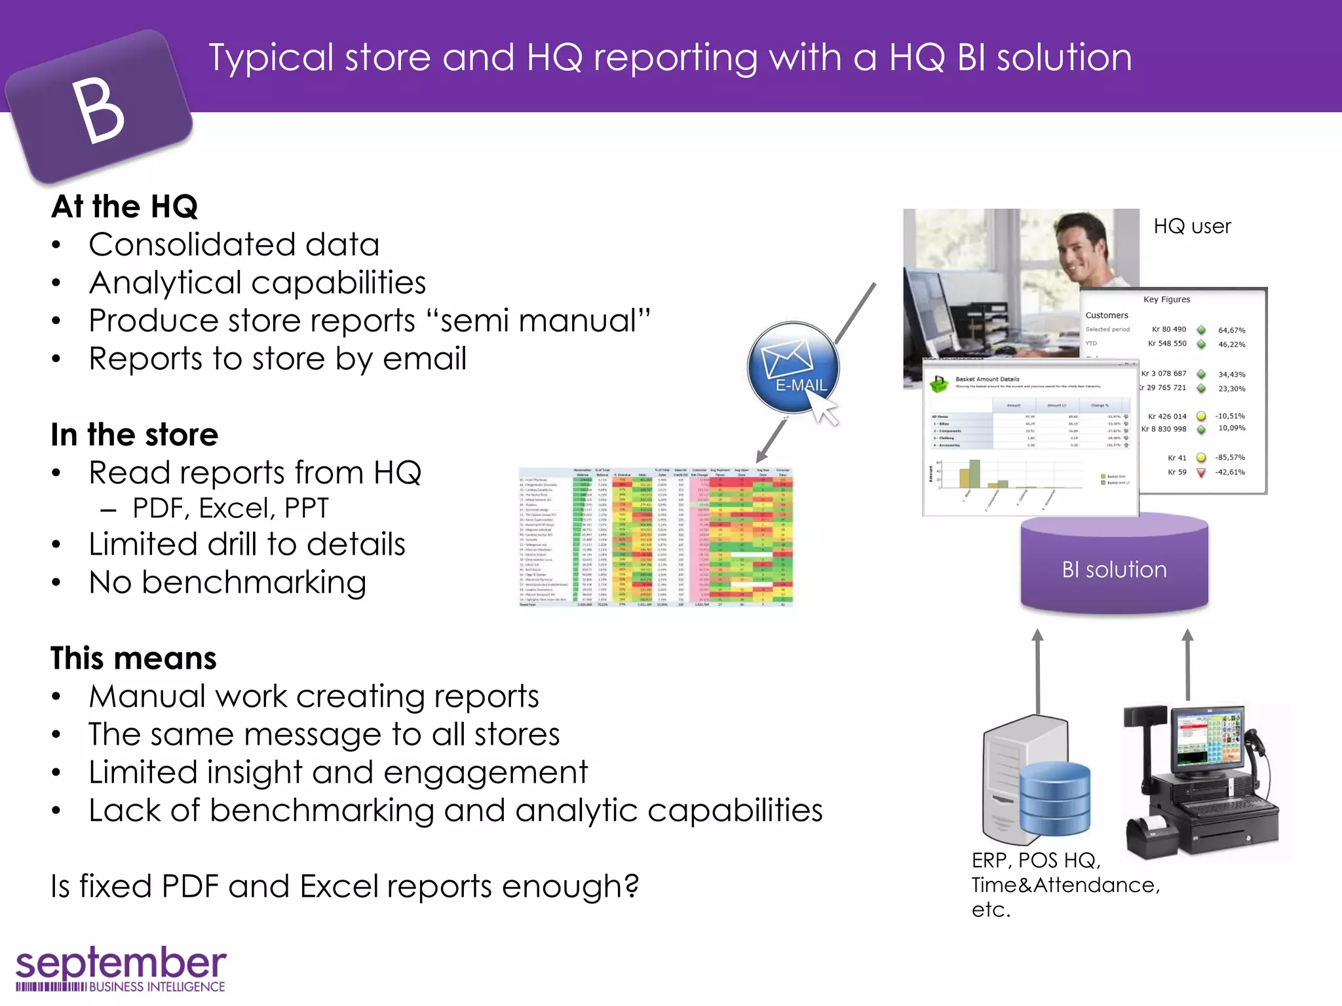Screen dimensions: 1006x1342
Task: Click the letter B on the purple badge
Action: tap(98, 110)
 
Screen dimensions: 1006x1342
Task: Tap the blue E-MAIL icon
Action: tap(794, 367)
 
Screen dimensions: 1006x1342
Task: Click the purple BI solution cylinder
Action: tap(1114, 568)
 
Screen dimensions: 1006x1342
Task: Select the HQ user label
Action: tap(1192, 227)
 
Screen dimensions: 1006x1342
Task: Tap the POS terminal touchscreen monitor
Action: tap(1209, 737)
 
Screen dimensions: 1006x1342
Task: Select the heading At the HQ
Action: tap(125, 207)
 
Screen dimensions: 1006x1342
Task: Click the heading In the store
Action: tap(134, 435)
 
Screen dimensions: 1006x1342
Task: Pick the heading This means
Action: tap(134, 658)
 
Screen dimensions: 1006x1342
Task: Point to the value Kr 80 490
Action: tap(1168, 329)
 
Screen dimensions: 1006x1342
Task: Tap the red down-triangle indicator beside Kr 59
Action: tap(1201, 472)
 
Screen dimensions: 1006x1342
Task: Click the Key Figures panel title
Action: tap(1166, 299)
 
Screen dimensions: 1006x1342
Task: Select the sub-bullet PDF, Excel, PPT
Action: tap(230, 508)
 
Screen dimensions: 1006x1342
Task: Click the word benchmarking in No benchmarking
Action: tap(254, 582)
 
